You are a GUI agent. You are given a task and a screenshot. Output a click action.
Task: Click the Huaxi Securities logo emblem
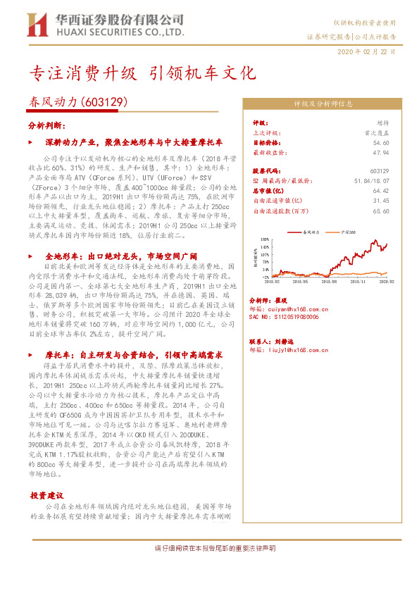point(36,26)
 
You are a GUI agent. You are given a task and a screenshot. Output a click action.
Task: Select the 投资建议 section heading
point(48,496)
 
